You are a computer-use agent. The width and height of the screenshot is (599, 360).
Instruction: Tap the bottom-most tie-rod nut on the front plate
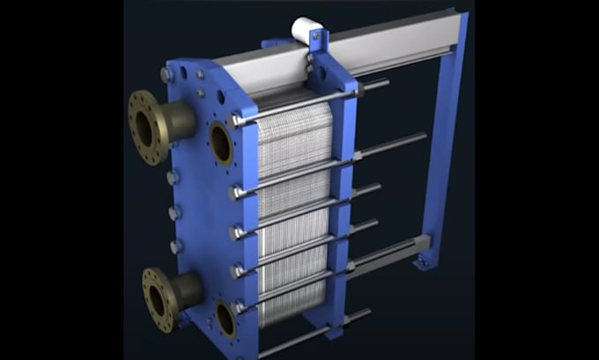pyautogui.click(x=238, y=308)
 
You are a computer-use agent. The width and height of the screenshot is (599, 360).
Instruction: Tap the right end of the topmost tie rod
pyautogui.click(x=388, y=84)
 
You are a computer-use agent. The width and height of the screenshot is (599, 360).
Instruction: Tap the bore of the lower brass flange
pyautogui.click(x=156, y=298)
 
